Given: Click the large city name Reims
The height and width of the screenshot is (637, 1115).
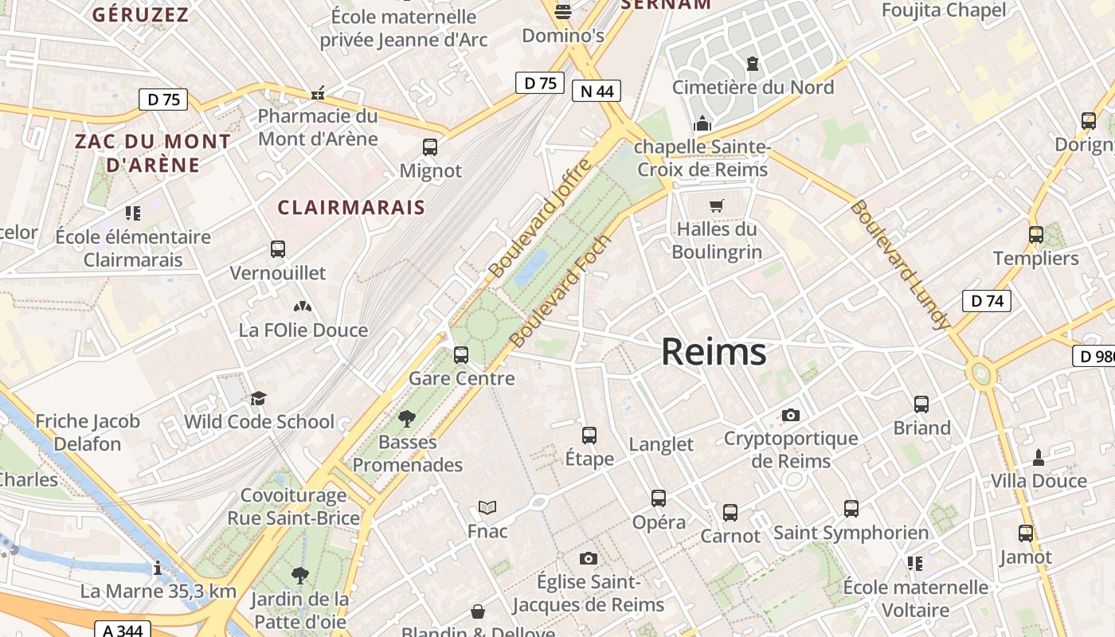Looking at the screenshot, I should click(x=714, y=352).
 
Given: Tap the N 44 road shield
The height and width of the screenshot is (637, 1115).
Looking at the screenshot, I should click(x=596, y=91).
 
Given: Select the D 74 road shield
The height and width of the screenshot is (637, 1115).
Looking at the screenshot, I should click(x=987, y=301).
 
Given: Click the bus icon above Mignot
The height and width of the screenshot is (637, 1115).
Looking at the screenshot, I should click(x=430, y=147).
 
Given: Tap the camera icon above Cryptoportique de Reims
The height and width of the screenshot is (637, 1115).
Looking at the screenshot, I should click(x=790, y=415).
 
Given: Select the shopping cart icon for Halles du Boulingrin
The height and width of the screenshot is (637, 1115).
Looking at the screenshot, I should click(x=716, y=206).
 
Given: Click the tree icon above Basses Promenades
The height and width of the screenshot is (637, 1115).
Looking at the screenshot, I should click(x=407, y=418).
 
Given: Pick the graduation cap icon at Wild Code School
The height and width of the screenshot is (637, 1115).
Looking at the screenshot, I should click(x=258, y=398).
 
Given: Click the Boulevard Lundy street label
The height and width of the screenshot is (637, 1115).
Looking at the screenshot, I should click(x=901, y=264).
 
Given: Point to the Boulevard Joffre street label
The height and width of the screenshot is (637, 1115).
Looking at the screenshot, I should click(x=541, y=218).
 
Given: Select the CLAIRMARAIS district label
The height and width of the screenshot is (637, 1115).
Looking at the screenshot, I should click(x=351, y=208).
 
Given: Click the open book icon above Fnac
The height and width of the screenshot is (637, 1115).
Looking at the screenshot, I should click(x=487, y=508).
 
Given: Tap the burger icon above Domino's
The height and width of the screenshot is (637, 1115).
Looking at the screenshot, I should click(x=563, y=11).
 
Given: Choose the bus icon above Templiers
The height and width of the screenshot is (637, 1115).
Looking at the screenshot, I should click(x=1035, y=235).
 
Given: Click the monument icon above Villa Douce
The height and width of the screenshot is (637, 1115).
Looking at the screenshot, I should click(x=1038, y=457).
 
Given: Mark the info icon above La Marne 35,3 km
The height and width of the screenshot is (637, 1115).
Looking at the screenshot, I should click(x=158, y=568).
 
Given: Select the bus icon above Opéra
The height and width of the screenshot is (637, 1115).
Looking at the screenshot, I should click(x=659, y=498).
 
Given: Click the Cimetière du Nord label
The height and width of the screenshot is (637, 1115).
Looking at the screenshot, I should click(x=753, y=87).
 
